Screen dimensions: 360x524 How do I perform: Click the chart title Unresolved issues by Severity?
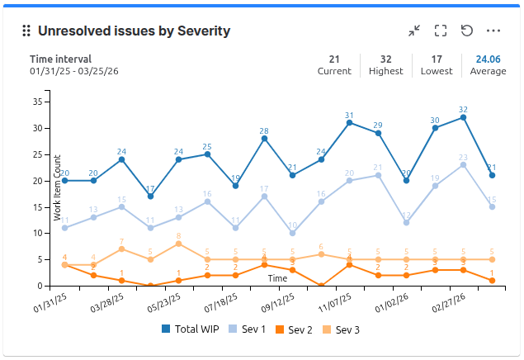pyautogui.click(x=134, y=31)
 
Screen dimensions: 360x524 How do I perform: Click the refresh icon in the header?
pyautogui.click(x=467, y=31)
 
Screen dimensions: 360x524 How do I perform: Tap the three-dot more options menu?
pyautogui.click(x=493, y=31)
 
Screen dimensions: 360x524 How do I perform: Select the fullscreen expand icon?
pyautogui.click(x=441, y=31)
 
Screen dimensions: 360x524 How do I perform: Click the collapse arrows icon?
pyautogui.click(x=414, y=31)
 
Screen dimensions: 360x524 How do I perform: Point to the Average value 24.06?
pyautogui.click(x=488, y=59)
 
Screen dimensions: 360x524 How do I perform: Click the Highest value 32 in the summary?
pyautogui.click(x=386, y=59)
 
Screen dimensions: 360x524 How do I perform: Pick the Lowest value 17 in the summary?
pyautogui.click(x=437, y=59)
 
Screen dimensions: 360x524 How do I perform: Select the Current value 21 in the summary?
pyautogui.click(x=334, y=59)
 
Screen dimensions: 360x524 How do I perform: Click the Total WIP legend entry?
pyautogui.click(x=192, y=329)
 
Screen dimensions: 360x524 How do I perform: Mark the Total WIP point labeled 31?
pyautogui.click(x=350, y=123)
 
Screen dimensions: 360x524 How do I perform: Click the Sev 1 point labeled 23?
pyautogui.click(x=464, y=165)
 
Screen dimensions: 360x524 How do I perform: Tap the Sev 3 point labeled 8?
pyautogui.click(x=179, y=244)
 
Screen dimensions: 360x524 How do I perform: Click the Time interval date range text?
pyautogui.click(x=75, y=71)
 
